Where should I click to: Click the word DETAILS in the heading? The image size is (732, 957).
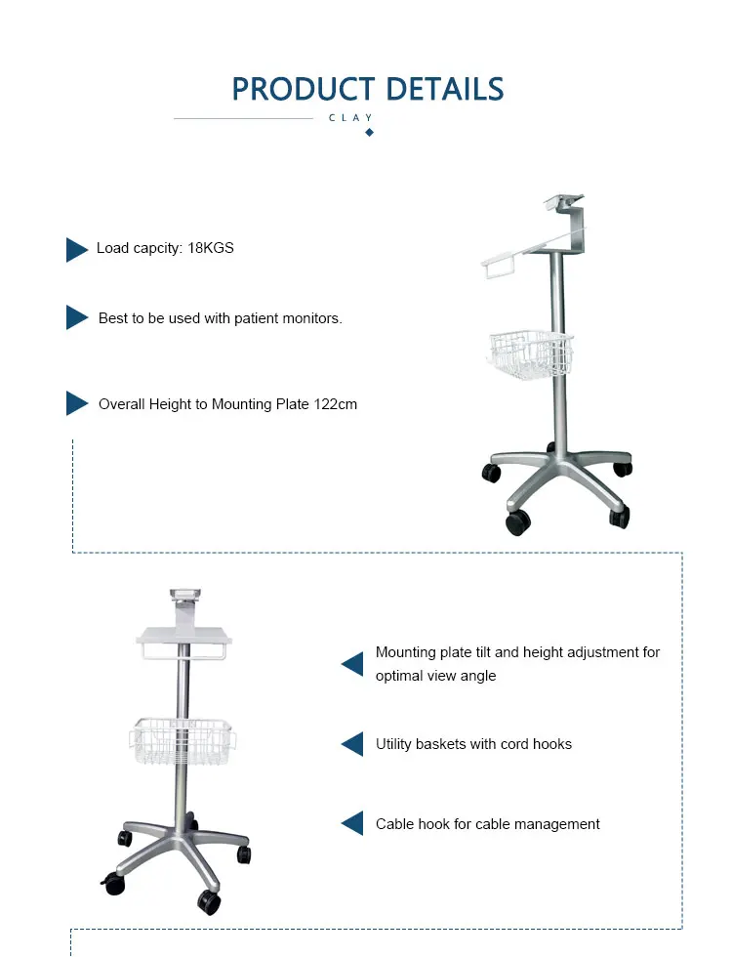444,89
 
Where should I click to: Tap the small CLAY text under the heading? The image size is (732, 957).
351,118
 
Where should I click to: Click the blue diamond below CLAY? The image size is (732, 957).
369,132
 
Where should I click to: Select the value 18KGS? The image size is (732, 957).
211,248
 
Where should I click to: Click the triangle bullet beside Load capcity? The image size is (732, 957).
76,250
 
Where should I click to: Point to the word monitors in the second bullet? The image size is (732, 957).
312,318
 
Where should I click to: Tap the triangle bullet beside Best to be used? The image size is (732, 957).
76,317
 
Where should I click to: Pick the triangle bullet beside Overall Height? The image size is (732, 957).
76,403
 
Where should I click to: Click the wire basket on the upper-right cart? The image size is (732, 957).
530,353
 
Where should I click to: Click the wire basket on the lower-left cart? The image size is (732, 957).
183,741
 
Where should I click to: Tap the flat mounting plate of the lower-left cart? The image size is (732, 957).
185,636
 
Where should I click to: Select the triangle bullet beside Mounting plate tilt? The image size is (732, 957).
352,664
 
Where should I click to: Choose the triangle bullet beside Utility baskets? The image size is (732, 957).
352,744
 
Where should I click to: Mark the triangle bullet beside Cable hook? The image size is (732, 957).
352,823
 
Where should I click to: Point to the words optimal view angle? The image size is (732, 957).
435,676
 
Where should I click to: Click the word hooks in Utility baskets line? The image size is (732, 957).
551,744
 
